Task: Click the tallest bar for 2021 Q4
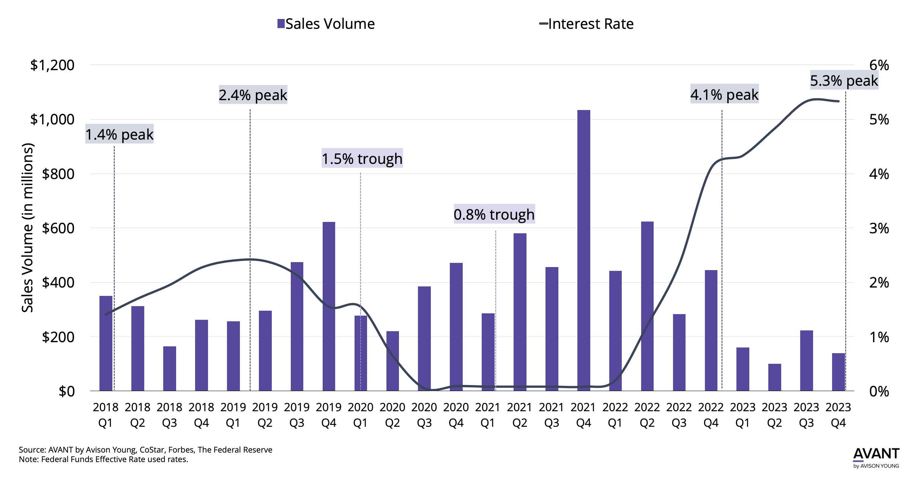[583, 250]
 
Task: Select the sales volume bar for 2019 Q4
[329, 307]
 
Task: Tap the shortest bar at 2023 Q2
[774, 377]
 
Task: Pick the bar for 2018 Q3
[170, 368]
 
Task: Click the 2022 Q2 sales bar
[647, 306]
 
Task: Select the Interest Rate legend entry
[586, 24]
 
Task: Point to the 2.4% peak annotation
[253, 95]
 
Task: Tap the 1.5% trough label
[362, 158]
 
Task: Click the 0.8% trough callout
[494, 214]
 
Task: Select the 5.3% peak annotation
[844, 80]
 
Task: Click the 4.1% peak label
[724, 94]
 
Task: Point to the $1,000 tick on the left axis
[52, 119]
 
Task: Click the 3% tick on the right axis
[879, 228]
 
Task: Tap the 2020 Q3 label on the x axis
[424, 415]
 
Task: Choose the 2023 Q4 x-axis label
[838, 415]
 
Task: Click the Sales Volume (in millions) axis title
[27, 228]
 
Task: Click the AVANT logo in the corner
[876, 456]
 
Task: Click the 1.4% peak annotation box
[119, 134]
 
